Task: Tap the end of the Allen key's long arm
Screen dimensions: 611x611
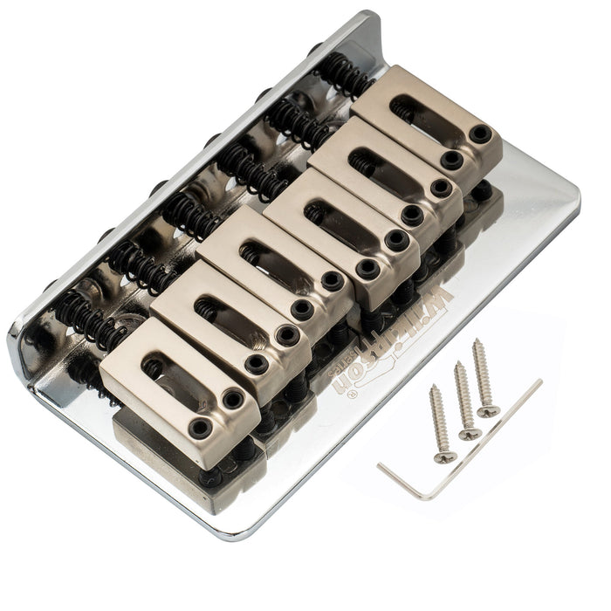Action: (x=540, y=381)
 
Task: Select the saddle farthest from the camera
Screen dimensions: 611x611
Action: (x=428, y=118)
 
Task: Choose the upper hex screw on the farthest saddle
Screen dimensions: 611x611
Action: (x=481, y=133)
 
